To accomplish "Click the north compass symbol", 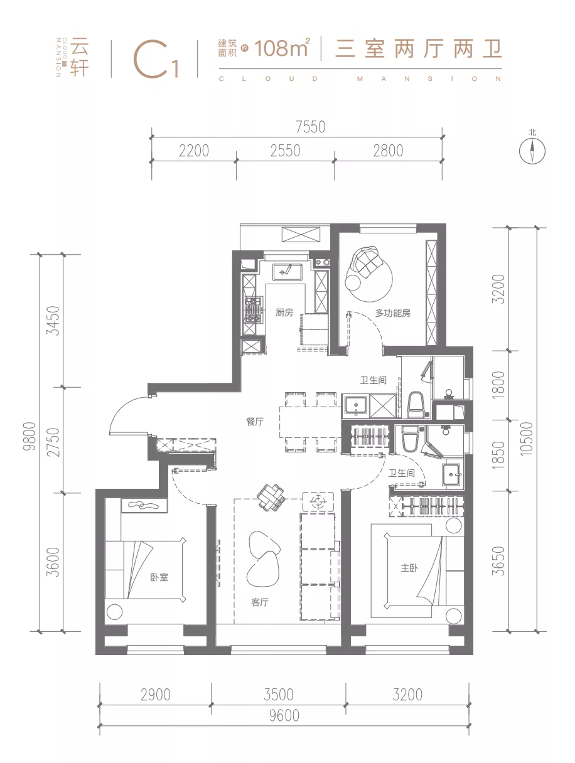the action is [x=532, y=151].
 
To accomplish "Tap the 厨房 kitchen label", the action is [x=284, y=312].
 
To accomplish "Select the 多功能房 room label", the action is [x=392, y=313].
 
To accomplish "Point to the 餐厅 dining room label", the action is [x=254, y=421].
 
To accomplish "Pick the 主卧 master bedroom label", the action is [x=409, y=568].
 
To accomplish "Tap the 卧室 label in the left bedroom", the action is [x=159, y=577].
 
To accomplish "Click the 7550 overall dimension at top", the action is [x=311, y=127].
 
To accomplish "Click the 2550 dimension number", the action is [x=285, y=151].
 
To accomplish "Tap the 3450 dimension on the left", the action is [x=53, y=320].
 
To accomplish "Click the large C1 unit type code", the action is [x=156, y=59].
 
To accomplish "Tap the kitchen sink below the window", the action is [x=287, y=272].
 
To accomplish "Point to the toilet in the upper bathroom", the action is [x=416, y=404].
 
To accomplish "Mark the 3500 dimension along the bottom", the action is [x=279, y=694].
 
